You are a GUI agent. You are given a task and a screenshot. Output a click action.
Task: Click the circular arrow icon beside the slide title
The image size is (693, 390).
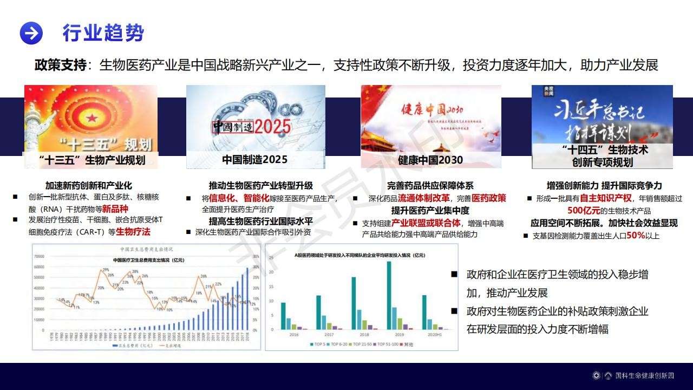(31, 33)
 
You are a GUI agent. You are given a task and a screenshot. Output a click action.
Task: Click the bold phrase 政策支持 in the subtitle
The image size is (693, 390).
(60, 66)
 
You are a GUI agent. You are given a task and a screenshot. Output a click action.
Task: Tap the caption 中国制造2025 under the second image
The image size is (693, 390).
(254, 160)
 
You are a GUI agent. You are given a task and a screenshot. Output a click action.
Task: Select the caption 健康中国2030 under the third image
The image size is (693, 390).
(430, 160)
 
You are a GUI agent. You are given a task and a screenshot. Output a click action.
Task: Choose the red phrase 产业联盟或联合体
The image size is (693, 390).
(426, 223)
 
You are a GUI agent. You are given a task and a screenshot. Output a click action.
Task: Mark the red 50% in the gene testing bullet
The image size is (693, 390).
(636, 236)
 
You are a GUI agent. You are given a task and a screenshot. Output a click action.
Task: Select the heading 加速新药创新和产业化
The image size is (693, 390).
(88, 185)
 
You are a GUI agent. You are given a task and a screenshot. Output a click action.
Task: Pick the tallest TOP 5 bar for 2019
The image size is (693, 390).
(389, 295)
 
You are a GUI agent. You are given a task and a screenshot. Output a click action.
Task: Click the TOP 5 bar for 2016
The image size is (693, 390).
(283, 316)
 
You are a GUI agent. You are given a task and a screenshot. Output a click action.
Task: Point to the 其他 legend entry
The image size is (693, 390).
(417, 344)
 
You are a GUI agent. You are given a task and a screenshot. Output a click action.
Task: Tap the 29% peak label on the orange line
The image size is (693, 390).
(106, 270)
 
